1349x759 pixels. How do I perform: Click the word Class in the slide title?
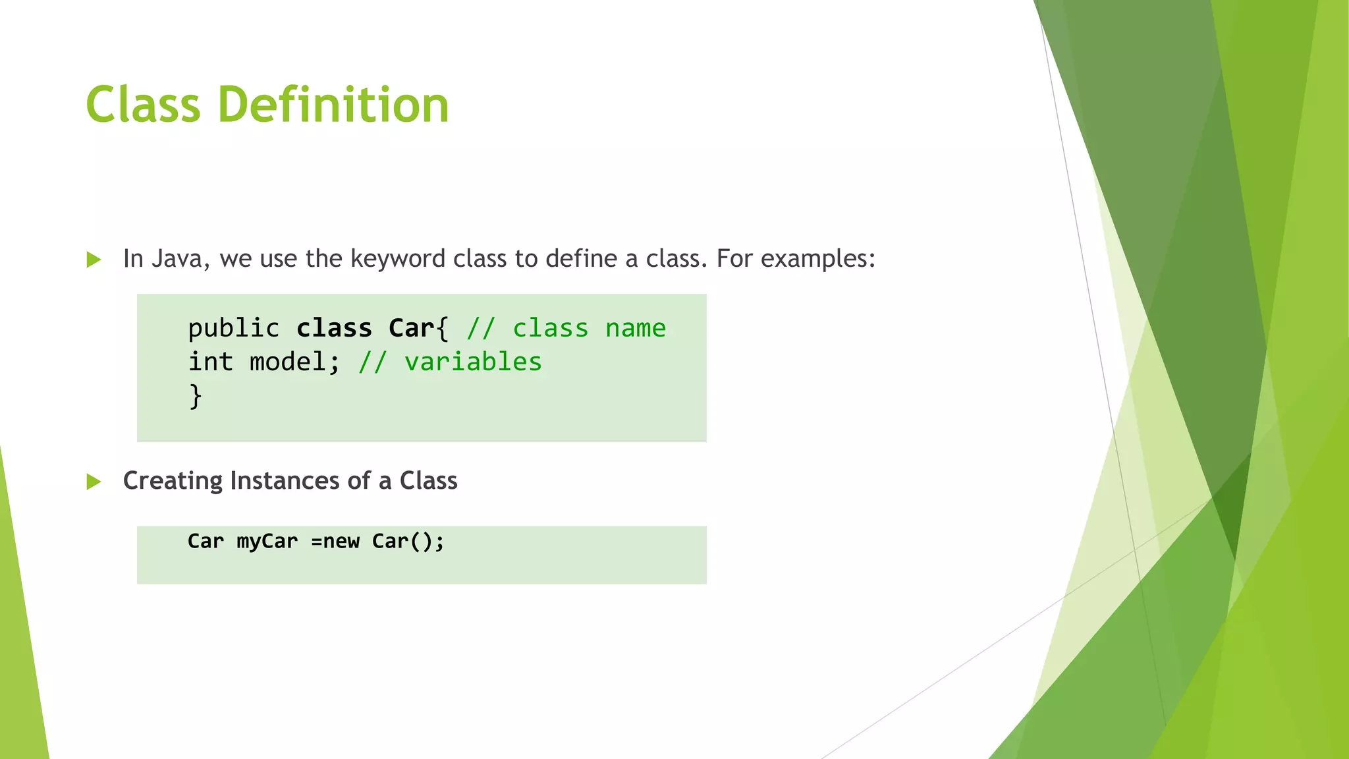click(x=143, y=105)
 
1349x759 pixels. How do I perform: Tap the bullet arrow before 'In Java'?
click(x=94, y=260)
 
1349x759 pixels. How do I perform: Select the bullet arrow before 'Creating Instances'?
click(x=94, y=482)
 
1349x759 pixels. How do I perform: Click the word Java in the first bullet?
click(x=177, y=259)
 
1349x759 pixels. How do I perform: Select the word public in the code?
click(x=233, y=328)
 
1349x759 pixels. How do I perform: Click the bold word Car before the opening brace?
click(x=411, y=328)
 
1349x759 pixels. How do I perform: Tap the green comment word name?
click(x=635, y=328)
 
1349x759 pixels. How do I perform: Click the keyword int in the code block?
click(x=211, y=362)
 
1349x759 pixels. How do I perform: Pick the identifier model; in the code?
click(x=294, y=362)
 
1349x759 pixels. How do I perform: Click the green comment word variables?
click(x=472, y=362)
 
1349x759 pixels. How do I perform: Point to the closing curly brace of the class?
click(x=195, y=396)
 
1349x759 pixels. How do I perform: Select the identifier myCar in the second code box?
click(x=267, y=541)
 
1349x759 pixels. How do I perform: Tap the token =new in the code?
click(x=335, y=541)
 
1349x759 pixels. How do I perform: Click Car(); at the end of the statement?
click(x=408, y=541)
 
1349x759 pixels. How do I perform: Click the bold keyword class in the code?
click(x=334, y=328)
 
